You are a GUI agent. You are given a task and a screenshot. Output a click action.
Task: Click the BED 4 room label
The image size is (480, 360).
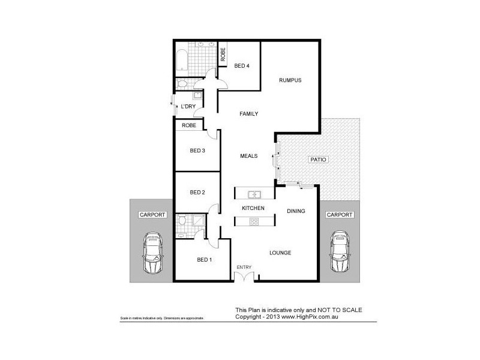(x=242, y=66)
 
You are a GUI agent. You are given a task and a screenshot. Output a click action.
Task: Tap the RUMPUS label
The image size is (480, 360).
(x=290, y=80)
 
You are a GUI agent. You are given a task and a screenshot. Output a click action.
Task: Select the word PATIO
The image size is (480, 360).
(x=317, y=160)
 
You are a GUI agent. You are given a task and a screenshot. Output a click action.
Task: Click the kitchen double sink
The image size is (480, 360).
(x=254, y=194)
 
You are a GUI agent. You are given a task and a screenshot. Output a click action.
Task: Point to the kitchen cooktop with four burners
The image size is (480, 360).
(x=254, y=221)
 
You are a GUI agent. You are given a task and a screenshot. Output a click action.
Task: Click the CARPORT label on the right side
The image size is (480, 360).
(x=340, y=214)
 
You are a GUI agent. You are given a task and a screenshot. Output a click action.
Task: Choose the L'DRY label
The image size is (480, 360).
(x=188, y=107)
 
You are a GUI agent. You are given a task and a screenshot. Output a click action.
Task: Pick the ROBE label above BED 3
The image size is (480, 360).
(x=189, y=125)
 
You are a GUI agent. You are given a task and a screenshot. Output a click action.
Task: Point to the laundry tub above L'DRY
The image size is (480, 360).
(x=197, y=96)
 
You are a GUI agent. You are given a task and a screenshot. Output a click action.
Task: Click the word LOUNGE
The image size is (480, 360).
(x=280, y=253)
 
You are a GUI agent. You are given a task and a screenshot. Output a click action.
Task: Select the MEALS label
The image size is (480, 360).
(x=249, y=156)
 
